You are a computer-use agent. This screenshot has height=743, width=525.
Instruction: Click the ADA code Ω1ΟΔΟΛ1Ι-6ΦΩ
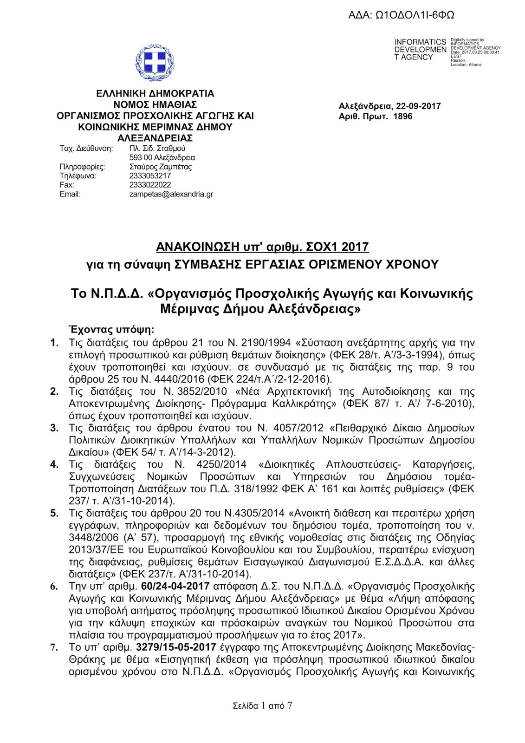coord(401,15)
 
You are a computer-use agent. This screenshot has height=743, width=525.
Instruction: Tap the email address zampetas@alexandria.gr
coord(171,194)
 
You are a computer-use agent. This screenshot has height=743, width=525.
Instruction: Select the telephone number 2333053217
coord(150,176)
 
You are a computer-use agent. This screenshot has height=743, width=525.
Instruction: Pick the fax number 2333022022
coord(150,185)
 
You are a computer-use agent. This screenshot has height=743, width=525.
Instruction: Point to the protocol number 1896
coord(402,116)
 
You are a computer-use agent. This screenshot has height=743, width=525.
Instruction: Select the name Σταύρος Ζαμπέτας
coord(160,167)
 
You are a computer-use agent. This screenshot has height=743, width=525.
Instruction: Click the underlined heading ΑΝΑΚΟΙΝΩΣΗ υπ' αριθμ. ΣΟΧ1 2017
coord(262,247)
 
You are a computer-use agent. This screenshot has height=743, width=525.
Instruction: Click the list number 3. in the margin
coord(55,428)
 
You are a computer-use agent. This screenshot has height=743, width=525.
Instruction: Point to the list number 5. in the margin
coord(55,513)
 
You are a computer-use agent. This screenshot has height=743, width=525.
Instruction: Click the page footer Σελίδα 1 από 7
coord(262,706)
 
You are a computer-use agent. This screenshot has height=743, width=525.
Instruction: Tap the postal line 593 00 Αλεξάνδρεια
coord(162,157)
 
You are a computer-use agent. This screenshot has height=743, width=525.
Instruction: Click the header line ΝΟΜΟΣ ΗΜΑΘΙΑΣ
coord(155,104)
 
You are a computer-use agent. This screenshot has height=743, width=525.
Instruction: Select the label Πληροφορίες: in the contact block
coord(82,167)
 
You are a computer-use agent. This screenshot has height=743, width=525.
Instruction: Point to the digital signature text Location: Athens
coord(466,65)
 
